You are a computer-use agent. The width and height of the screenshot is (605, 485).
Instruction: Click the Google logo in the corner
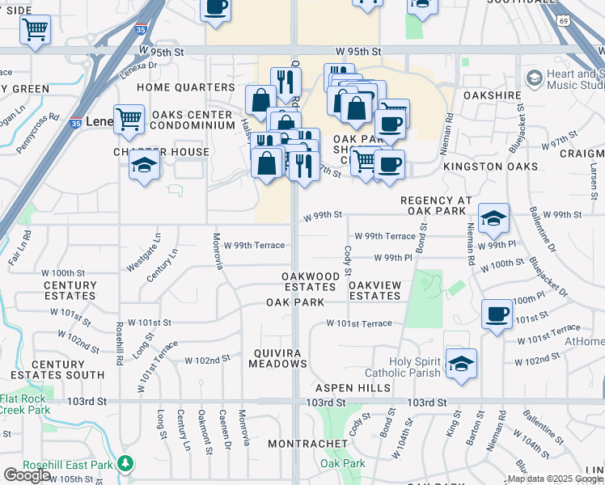click(27, 475)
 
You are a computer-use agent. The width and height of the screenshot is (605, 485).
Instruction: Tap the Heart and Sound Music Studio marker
click(534, 78)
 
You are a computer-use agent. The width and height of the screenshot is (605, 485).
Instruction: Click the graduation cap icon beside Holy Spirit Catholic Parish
click(461, 364)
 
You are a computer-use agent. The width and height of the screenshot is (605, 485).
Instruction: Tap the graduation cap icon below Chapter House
click(146, 166)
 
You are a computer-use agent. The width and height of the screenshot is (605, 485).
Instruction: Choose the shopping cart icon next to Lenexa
click(129, 119)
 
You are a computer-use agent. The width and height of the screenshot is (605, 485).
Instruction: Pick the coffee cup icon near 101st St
click(497, 314)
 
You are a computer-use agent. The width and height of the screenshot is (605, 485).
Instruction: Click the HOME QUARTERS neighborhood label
click(185, 87)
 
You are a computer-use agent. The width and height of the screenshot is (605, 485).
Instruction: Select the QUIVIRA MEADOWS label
click(269, 358)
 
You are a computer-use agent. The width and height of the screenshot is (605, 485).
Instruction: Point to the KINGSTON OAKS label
click(491, 167)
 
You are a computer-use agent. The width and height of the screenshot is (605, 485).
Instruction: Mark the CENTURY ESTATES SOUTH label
click(57, 369)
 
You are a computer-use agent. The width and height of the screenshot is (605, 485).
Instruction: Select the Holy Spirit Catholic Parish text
click(402, 367)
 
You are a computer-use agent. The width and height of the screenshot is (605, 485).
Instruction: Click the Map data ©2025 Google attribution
click(555, 479)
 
